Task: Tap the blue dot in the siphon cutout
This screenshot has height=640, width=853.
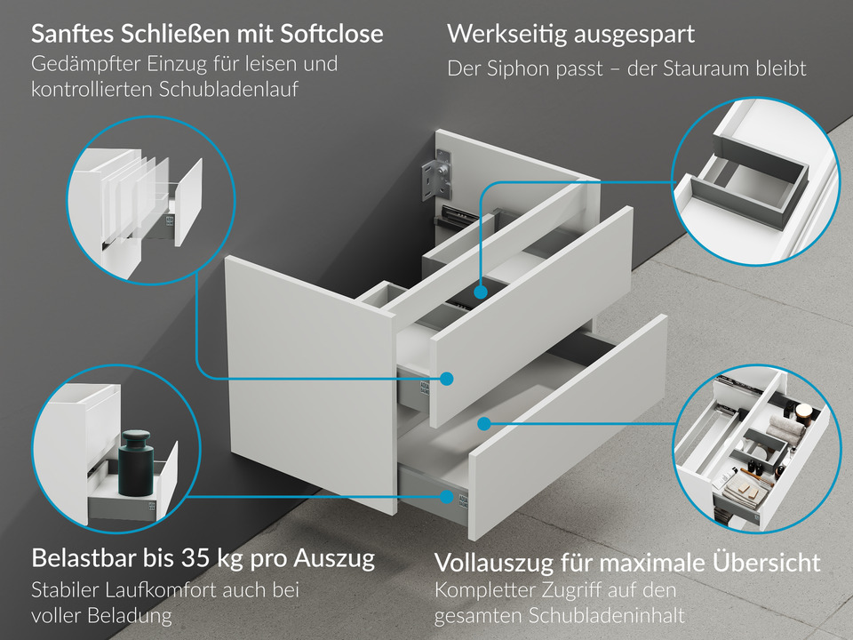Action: pos(481,291)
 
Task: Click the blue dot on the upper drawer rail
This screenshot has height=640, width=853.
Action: pos(447,379)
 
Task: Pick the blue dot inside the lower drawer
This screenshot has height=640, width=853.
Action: pos(484,423)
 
